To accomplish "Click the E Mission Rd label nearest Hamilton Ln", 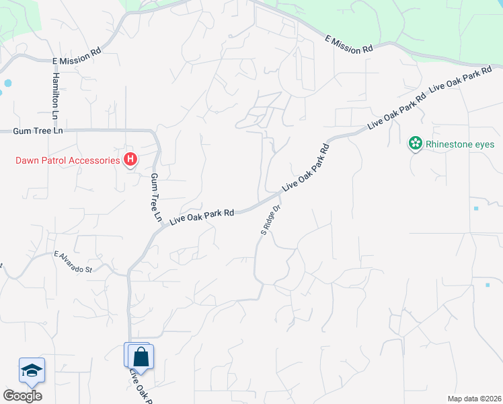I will [77, 60].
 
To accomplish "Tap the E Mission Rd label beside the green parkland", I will [348, 45].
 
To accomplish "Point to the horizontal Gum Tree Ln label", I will [38, 131].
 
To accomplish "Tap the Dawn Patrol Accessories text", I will [67, 160].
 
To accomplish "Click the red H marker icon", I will [131, 160].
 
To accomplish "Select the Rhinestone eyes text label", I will [461, 144].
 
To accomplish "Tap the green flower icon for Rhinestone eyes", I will [416, 143].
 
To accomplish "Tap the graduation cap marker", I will [32, 370].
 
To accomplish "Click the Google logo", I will [22, 396].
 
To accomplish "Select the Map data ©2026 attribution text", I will [473, 399].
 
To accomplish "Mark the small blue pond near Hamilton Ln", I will [7, 83].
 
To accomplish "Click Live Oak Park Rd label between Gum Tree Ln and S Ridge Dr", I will [202, 216].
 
